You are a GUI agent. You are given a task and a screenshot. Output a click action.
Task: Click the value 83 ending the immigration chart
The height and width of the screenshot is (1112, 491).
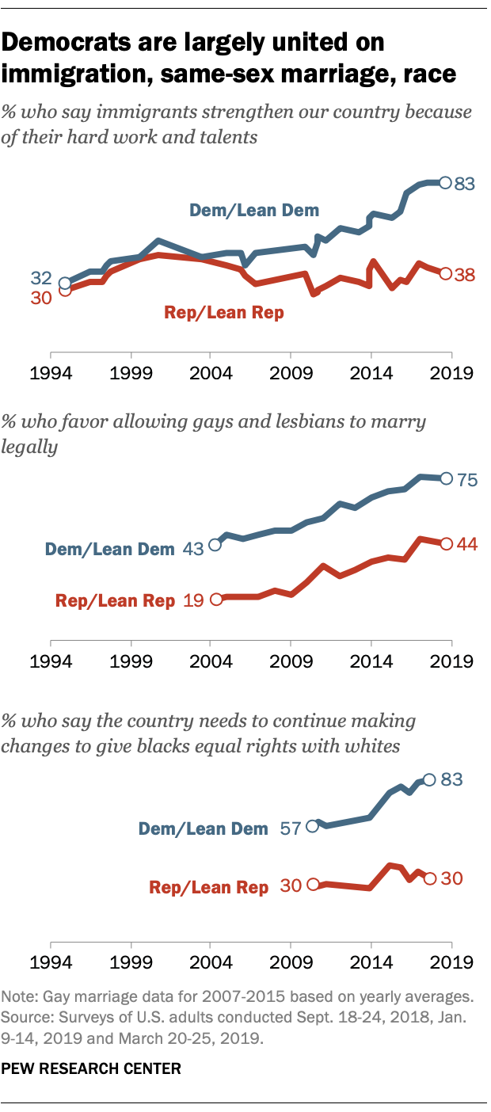click(x=463, y=184)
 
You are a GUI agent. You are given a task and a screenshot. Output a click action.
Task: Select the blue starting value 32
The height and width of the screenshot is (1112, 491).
click(x=41, y=278)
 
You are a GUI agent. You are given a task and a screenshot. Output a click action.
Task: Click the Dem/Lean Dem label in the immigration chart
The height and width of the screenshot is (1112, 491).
click(x=253, y=210)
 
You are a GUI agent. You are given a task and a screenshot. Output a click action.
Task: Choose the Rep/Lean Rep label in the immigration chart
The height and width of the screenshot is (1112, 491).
click(x=223, y=312)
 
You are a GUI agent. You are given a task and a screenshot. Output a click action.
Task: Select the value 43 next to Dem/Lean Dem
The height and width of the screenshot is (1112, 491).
click(x=194, y=546)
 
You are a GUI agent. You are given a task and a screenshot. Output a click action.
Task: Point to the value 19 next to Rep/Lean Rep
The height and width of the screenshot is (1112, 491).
click(x=194, y=600)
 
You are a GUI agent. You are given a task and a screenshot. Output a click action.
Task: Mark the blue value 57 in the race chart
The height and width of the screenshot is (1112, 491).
click(x=292, y=827)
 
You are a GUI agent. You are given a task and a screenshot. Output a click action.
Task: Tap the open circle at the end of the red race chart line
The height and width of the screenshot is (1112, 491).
click(x=429, y=878)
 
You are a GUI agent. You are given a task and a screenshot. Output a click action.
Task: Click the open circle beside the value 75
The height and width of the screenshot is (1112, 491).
click(x=445, y=478)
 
